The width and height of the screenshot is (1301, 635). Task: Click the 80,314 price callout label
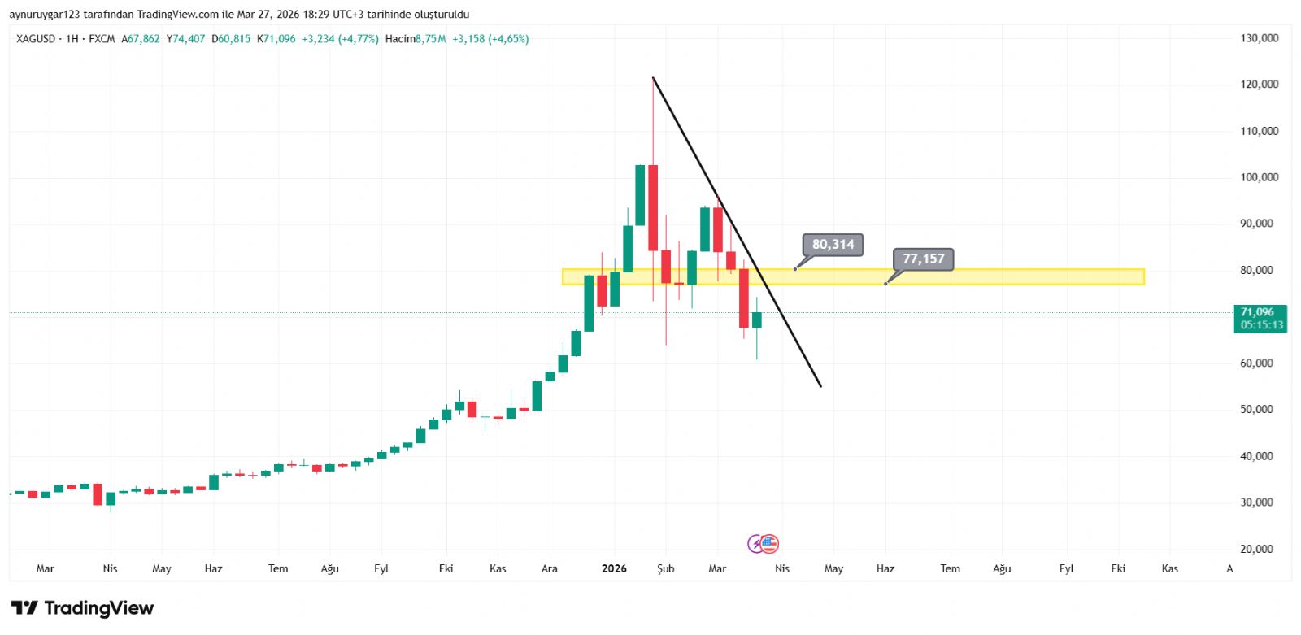(x=833, y=245)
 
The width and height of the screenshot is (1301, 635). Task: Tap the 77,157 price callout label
(x=923, y=259)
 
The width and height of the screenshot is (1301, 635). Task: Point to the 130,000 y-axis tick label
(x=1259, y=38)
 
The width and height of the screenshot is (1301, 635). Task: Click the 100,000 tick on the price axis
(x=1259, y=177)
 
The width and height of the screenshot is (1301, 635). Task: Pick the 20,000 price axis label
(x=1256, y=549)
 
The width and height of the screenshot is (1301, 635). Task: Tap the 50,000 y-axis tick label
(x=1256, y=410)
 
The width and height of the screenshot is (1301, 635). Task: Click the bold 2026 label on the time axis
(x=614, y=569)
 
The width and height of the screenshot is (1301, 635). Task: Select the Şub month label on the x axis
(x=665, y=569)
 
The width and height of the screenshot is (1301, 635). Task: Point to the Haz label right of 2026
(x=885, y=569)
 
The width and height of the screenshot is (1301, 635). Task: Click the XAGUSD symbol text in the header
(x=36, y=39)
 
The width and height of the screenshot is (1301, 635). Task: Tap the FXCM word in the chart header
(x=102, y=39)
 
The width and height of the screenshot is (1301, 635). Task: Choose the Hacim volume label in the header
(x=399, y=39)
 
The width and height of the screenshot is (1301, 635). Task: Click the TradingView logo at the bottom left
(x=82, y=608)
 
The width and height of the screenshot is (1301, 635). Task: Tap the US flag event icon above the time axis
(x=769, y=544)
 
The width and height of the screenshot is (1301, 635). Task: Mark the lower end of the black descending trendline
(x=820, y=385)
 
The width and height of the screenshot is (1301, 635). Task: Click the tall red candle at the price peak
(x=653, y=207)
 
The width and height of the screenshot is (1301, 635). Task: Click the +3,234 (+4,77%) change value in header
(x=340, y=39)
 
